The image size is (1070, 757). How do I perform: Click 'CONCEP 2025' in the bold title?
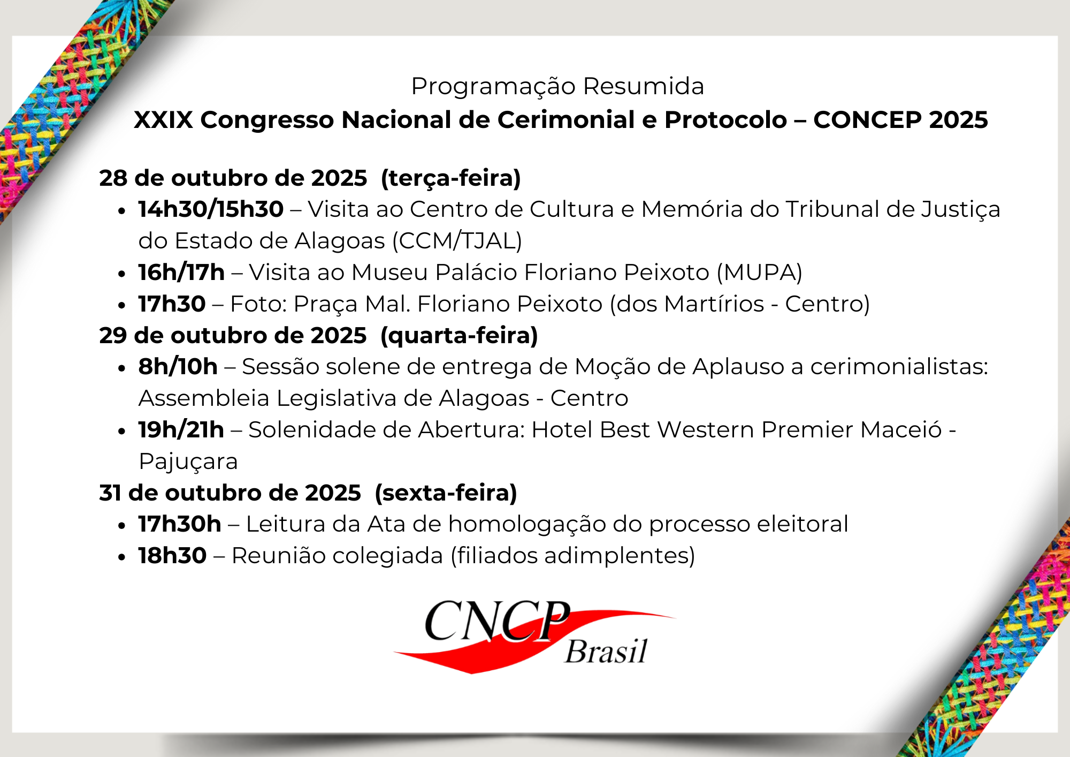tap(900, 119)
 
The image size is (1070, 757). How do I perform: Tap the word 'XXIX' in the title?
tap(163, 119)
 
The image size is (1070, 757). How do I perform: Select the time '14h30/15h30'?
tap(211, 209)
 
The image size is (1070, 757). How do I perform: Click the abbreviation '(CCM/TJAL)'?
tap(457, 241)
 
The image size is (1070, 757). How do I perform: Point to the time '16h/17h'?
tap(181, 272)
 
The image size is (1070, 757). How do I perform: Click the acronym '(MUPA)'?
tap(760, 272)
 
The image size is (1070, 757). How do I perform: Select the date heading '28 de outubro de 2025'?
tap(233, 178)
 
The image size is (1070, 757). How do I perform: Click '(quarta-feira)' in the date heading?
tap(459, 336)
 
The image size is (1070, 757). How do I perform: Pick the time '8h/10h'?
tap(178, 367)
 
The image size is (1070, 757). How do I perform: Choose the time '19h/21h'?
tap(181, 430)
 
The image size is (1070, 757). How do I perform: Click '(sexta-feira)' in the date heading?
tap(446, 493)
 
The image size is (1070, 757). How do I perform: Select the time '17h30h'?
tap(180, 524)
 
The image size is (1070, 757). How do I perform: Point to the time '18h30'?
tap(172, 556)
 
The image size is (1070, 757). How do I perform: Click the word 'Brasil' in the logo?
tap(606, 651)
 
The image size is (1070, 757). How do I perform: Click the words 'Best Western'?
tap(677, 430)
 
